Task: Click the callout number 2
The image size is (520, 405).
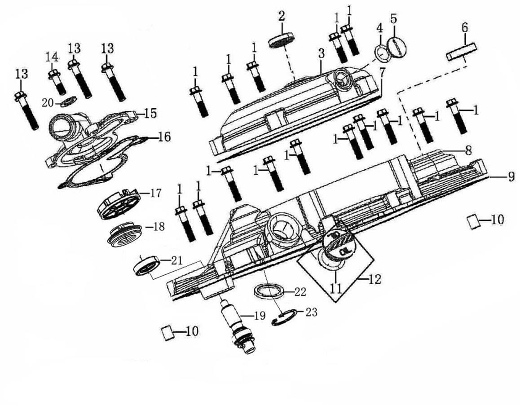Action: (282, 17)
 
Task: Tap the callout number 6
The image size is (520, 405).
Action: (465, 28)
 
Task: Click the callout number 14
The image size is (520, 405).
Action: (52, 57)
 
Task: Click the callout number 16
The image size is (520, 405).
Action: (164, 136)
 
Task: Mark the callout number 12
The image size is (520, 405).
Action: (374, 279)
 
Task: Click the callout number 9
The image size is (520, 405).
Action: (511, 177)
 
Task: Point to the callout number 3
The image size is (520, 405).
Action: (321, 53)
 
